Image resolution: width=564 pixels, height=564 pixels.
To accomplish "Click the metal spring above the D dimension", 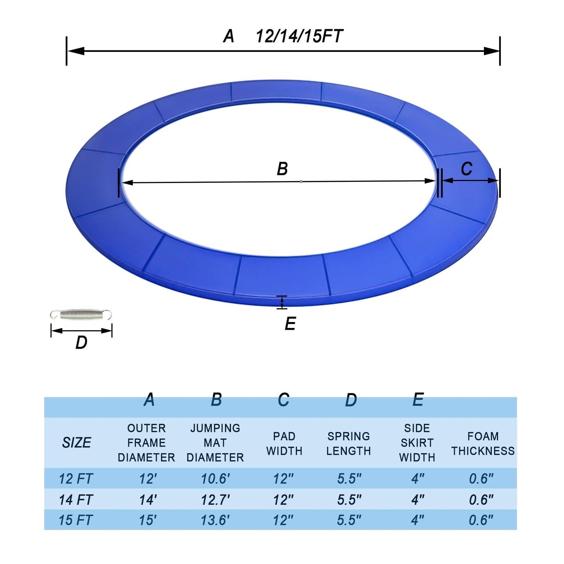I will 81,315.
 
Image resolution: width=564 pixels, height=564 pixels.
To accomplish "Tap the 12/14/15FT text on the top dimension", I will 299,36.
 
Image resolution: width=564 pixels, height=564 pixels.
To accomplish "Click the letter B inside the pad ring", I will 282,169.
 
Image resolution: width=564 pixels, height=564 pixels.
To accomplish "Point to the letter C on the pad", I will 466,169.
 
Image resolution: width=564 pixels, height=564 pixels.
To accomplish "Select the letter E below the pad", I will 290,324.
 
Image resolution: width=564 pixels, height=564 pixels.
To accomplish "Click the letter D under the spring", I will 81,343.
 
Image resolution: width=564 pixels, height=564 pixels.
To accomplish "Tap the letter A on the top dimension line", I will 229,36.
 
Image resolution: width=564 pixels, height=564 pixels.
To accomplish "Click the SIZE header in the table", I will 77,443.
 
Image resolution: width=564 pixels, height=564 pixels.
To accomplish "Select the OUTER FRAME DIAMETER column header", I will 146,443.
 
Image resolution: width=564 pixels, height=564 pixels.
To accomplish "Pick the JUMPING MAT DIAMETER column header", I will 215,443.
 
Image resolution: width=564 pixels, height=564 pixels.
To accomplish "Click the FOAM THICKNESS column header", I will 483,443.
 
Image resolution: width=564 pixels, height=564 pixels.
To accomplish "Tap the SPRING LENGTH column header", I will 348,443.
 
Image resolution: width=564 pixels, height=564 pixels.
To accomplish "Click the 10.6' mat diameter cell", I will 215,479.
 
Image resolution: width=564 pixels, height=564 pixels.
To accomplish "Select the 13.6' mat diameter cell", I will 215,520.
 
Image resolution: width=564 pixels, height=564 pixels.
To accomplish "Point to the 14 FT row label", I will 76,500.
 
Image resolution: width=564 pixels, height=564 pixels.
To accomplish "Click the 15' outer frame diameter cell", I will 148,520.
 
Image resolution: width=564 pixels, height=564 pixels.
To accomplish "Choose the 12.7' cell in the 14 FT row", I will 215,500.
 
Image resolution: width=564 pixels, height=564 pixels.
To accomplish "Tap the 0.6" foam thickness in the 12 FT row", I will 481,479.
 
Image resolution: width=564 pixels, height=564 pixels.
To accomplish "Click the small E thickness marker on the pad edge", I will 282,302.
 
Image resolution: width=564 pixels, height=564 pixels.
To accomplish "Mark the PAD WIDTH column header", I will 284,443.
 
